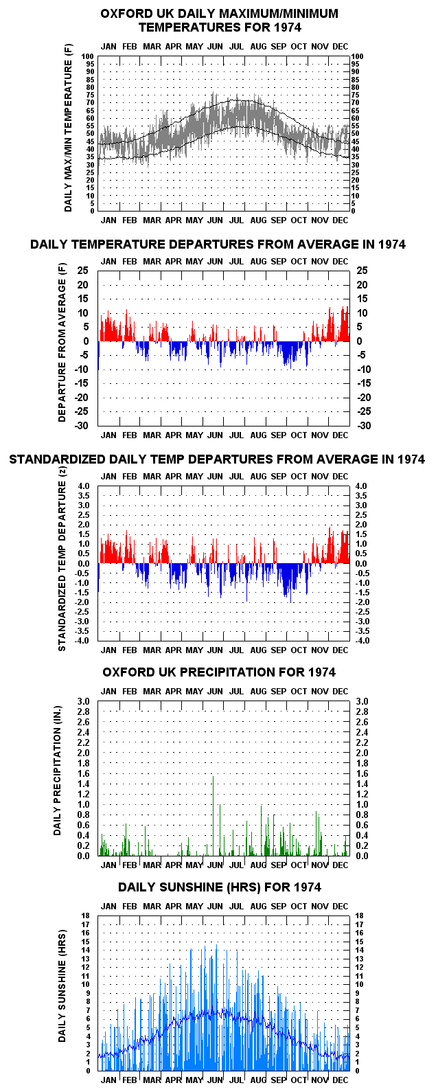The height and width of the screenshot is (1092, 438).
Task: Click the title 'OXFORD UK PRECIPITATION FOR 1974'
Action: point(219,672)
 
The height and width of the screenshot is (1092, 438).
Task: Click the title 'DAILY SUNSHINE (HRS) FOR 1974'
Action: point(220,887)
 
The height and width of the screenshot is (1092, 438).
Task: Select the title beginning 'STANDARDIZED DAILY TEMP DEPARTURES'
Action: point(217,459)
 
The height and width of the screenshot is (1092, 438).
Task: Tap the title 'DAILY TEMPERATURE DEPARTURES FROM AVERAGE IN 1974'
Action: point(218,244)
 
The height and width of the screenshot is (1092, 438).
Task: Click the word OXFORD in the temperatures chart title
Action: point(124,14)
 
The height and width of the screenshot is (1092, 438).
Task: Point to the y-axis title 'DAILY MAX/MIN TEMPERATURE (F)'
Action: point(68,128)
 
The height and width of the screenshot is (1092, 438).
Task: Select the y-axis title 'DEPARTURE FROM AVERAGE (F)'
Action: point(62,343)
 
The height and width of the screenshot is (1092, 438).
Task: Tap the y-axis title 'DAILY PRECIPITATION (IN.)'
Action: point(58,771)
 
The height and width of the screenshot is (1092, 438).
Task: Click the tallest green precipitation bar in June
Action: point(213,816)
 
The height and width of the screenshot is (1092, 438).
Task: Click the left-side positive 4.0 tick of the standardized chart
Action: point(83,486)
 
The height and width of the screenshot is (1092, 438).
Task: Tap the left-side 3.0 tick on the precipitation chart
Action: point(83,701)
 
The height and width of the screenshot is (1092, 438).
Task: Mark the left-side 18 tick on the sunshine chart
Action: point(86,916)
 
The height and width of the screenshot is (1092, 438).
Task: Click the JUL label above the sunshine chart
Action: point(236,907)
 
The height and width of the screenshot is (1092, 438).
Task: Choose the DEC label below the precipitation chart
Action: point(340,865)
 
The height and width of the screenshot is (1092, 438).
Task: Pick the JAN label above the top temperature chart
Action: point(108,46)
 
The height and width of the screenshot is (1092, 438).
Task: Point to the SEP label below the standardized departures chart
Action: point(278,650)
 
